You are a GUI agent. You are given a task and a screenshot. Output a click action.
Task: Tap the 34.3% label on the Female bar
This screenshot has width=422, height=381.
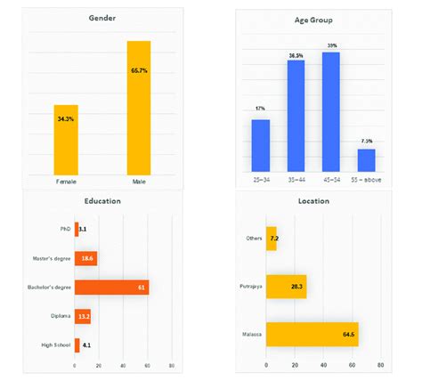pos(66,118)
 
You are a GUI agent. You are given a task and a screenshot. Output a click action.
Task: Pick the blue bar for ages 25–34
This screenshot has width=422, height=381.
pos(261,144)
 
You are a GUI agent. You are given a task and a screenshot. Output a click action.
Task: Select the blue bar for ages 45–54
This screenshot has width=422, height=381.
pos(331,111)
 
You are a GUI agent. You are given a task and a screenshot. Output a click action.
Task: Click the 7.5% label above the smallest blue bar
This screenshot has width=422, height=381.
pos(367,141)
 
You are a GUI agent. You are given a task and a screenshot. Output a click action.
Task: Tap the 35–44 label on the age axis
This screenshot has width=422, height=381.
pos(296,181)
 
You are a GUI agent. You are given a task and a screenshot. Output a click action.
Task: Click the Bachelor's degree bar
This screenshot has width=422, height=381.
pos(111,287)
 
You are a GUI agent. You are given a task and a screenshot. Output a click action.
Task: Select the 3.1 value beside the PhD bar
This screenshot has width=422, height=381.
pos(83,230)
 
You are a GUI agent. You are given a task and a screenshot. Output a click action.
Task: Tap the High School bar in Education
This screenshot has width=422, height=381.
pos(77,345)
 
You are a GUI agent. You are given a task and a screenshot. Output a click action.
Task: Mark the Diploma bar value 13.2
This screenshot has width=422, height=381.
pos(85,316)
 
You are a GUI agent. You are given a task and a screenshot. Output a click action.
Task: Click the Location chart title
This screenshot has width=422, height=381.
pos(313,201)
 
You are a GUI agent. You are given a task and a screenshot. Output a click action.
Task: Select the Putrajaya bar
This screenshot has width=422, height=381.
pos(287,287)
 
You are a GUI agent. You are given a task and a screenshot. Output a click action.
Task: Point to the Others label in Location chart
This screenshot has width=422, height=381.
pos(254,239)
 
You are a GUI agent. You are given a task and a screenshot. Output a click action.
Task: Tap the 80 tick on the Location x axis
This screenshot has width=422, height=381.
pos(380,366)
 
